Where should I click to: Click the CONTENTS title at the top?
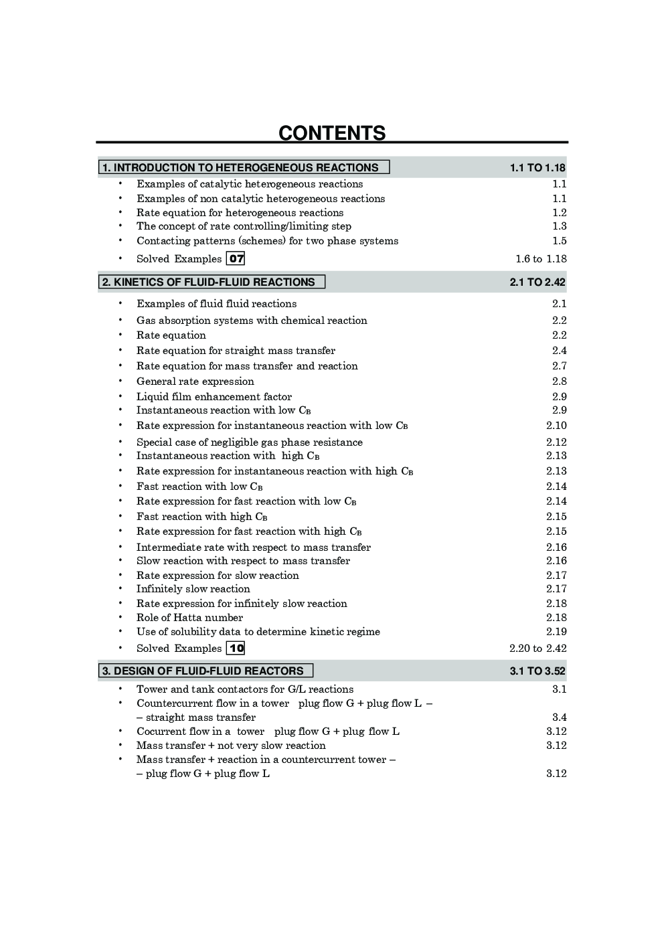pos(332,133)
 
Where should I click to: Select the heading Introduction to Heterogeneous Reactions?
pos(241,167)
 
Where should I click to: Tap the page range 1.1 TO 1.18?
pos(537,167)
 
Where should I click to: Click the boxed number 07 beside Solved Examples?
pos(236,258)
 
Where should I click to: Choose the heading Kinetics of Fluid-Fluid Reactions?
pos(209,282)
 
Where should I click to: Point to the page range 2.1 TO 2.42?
pos(537,282)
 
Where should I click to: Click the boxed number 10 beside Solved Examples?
pos(236,648)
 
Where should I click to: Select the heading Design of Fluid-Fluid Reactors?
pos(203,671)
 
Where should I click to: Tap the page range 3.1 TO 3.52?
pos(537,671)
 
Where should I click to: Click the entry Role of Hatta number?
pos(189,618)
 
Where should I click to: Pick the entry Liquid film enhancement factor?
pos(214,397)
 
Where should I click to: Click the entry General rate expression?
pos(195,381)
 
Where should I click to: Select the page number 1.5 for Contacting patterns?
pos(560,241)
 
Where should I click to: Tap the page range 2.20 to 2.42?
pos(537,648)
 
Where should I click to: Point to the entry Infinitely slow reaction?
pos(193,589)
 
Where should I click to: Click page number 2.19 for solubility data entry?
pos(556,632)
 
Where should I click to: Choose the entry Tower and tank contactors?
pos(245,689)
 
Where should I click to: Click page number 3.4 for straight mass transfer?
pos(560,717)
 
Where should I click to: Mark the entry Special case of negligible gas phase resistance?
pos(250,442)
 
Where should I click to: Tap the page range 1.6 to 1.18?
pos(541,259)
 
